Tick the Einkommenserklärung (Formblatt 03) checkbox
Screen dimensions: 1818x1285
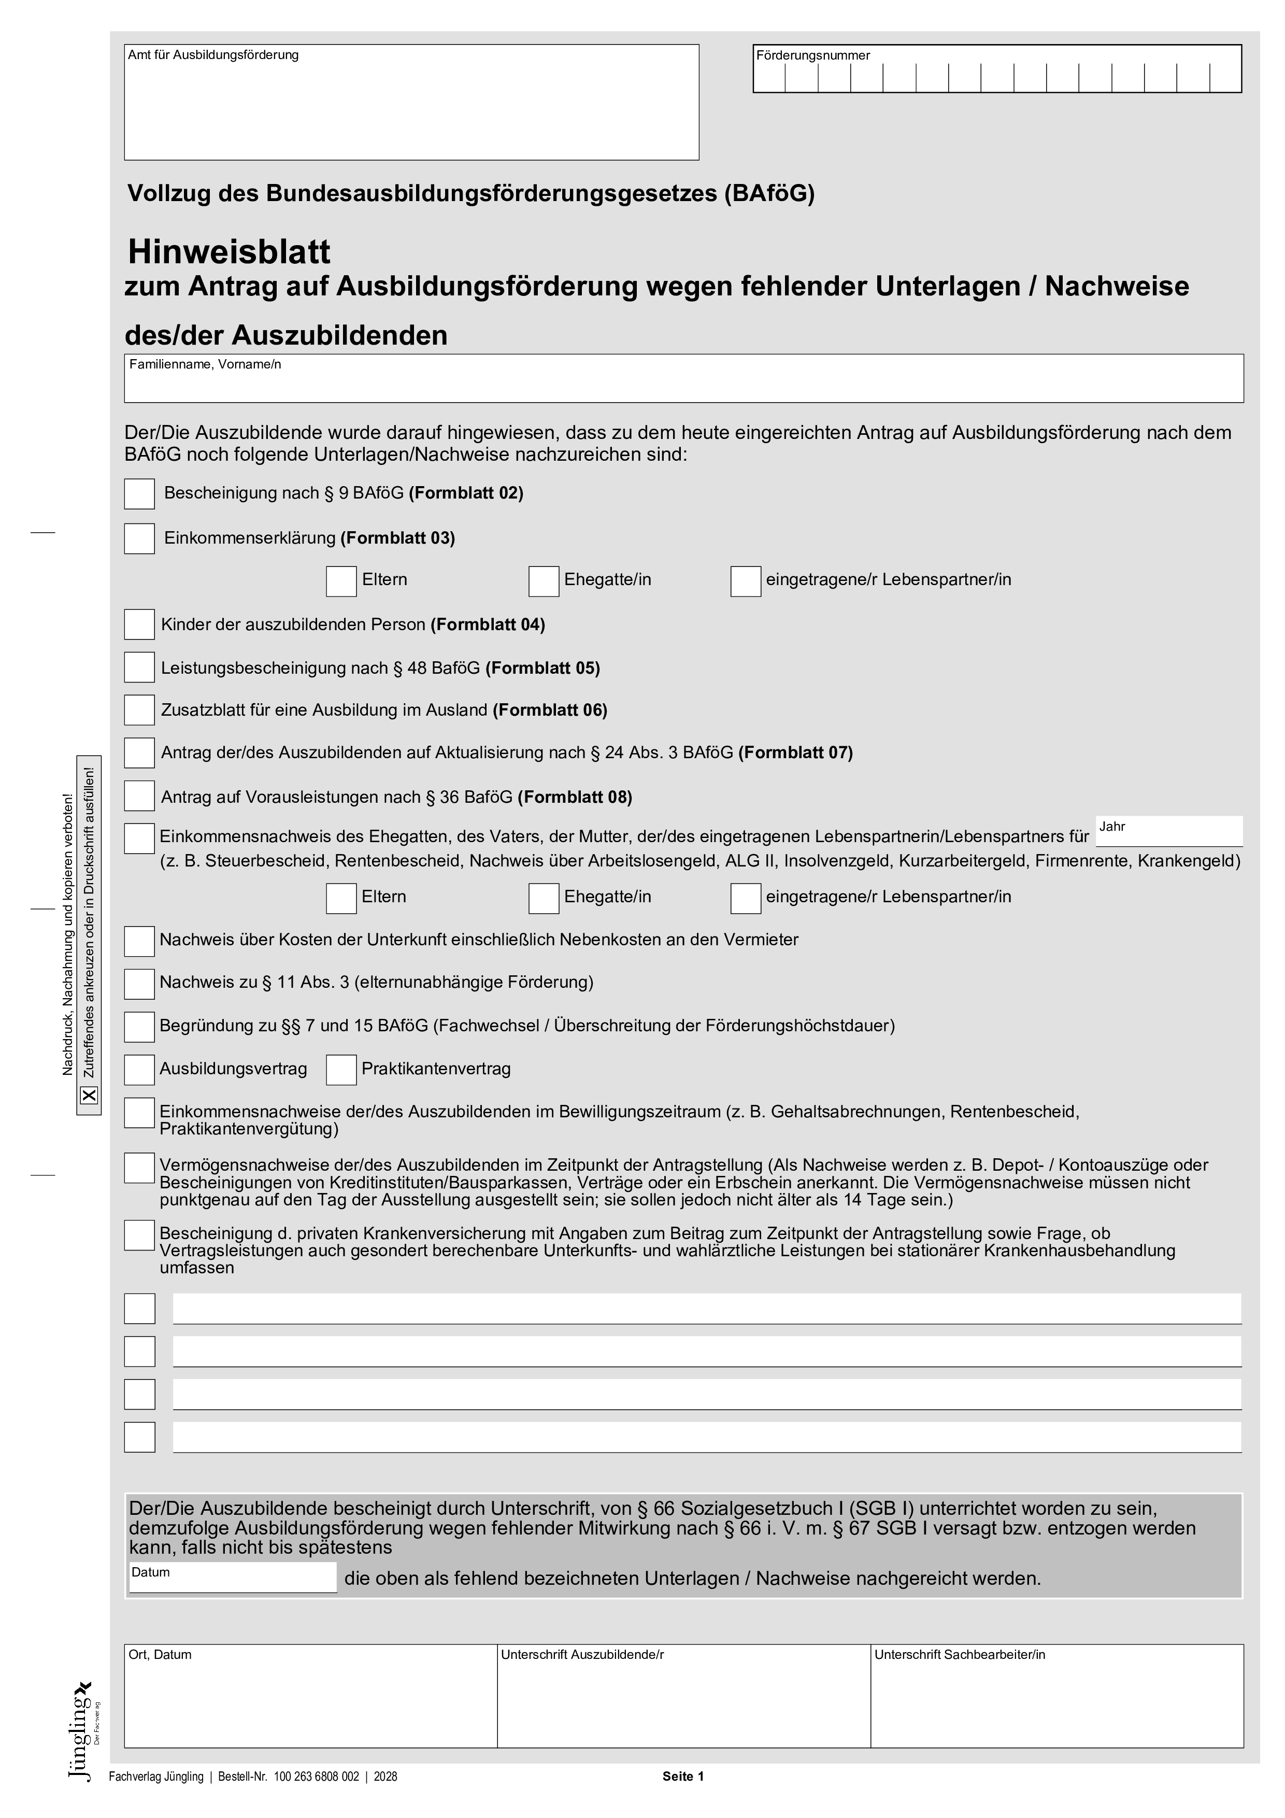point(139,539)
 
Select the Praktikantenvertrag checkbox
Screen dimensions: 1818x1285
point(341,1070)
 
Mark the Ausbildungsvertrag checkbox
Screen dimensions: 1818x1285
point(139,1070)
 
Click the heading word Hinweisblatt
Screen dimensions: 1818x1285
point(230,252)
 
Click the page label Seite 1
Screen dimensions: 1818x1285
point(682,1776)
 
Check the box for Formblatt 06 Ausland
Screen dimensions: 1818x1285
point(139,711)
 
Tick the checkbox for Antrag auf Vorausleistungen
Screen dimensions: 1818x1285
point(139,797)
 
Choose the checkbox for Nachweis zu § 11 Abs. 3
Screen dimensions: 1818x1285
point(139,984)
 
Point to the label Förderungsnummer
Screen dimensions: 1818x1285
point(812,55)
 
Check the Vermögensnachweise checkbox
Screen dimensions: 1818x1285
point(139,1168)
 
